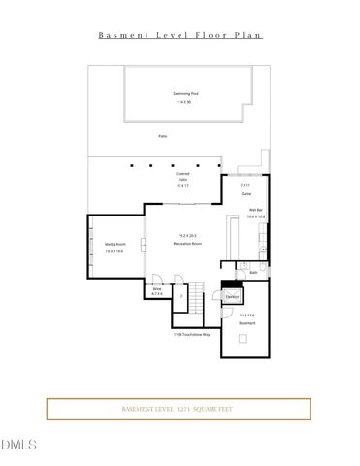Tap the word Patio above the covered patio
click(162, 136)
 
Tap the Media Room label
click(115, 244)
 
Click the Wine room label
click(155, 288)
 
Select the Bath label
click(252, 273)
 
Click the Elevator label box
click(233, 295)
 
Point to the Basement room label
click(246, 322)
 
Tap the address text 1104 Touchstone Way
click(192, 334)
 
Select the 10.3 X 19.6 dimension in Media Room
click(115, 250)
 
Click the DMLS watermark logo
click(18, 444)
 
